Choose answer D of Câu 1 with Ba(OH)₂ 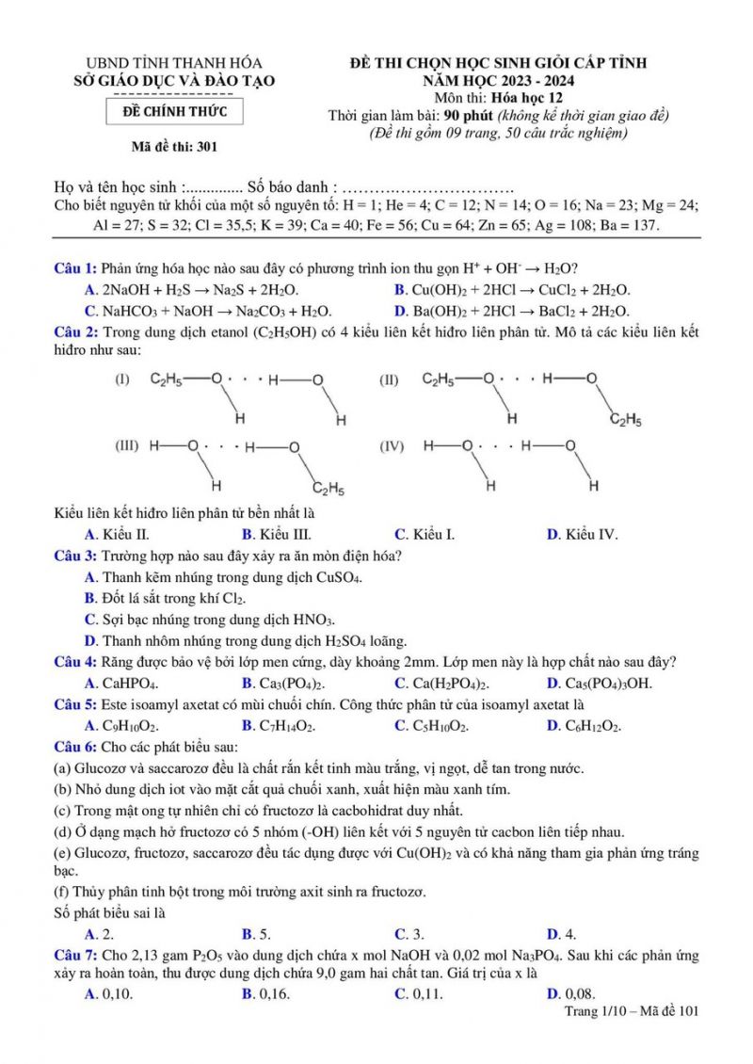512,311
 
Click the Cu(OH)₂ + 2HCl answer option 512,290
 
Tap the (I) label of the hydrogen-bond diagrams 121,380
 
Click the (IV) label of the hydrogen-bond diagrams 392,445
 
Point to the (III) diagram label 126,445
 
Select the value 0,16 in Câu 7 265,993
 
